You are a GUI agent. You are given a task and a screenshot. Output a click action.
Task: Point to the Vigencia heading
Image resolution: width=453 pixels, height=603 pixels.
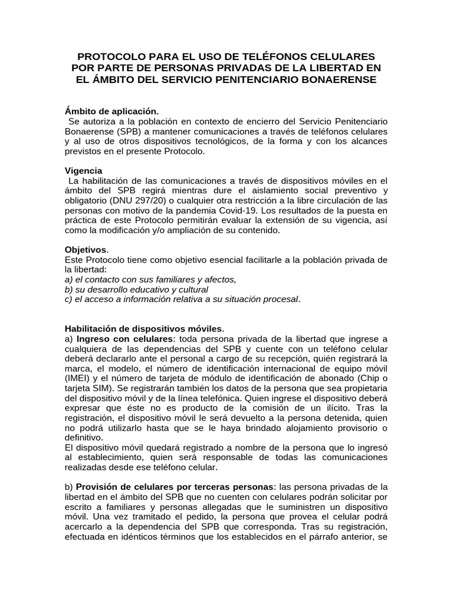click(83, 170)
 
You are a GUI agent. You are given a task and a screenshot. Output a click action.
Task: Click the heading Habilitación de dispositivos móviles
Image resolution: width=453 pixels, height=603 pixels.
click(143, 329)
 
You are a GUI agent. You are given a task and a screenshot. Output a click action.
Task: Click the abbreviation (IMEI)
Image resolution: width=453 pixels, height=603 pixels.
click(78, 379)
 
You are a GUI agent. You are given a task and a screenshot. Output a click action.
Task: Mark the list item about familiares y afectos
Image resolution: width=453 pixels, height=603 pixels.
click(150, 280)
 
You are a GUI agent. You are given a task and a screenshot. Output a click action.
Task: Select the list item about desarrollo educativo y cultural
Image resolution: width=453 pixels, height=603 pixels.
click(136, 290)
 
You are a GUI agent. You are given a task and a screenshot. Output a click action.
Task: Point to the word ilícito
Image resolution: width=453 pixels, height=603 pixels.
click(333, 409)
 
